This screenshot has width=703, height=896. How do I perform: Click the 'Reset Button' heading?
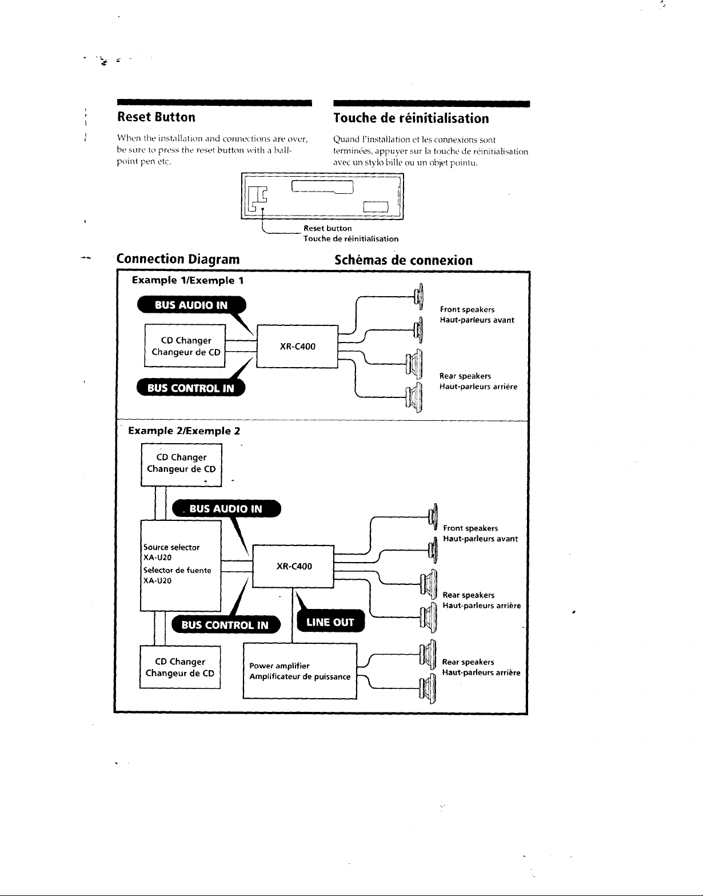[x=156, y=117]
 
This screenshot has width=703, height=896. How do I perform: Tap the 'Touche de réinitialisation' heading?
[x=411, y=118]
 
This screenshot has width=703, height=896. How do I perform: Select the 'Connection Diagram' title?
[x=178, y=259]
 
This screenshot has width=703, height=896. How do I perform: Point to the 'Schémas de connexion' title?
[x=404, y=260]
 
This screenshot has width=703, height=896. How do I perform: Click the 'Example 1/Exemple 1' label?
[x=188, y=280]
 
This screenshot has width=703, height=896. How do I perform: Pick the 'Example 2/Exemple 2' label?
[x=184, y=431]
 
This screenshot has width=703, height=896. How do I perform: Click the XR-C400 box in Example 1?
[x=298, y=346]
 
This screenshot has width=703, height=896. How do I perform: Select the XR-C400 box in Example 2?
[x=293, y=566]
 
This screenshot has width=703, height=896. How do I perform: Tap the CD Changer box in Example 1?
[x=185, y=345]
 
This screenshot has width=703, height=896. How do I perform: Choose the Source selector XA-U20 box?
[x=181, y=566]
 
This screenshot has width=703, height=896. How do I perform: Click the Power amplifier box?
[x=300, y=671]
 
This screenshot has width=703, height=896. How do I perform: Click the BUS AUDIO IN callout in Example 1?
[x=191, y=305]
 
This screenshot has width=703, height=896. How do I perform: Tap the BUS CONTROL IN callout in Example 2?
[x=226, y=625]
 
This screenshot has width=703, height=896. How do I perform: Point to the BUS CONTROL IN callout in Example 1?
[x=191, y=388]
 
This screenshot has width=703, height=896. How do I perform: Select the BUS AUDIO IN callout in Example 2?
[x=226, y=509]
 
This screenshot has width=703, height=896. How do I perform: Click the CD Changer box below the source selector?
[x=180, y=667]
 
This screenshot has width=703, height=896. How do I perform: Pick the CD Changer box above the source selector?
[x=181, y=465]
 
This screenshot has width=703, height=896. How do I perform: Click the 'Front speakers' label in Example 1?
[x=468, y=310]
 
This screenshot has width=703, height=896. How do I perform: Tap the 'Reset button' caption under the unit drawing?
[x=327, y=229]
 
